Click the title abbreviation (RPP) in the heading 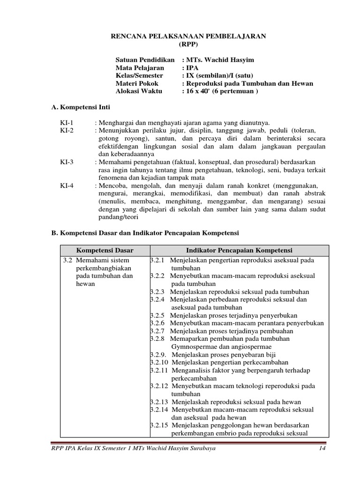[189, 45]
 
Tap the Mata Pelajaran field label [140, 67]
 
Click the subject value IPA [193, 67]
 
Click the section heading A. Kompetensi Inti [80, 107]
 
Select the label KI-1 [67, 122]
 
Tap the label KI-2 [67, 130]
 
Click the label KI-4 [67, 186]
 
